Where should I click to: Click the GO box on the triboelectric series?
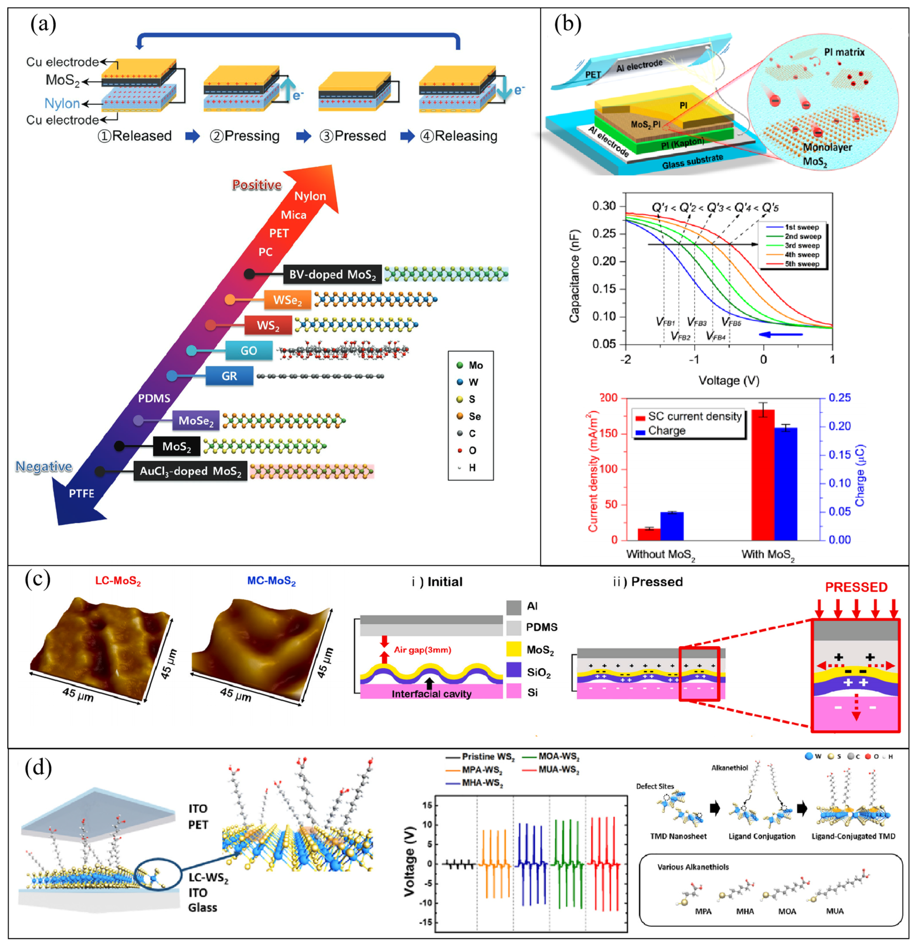click(249, 351)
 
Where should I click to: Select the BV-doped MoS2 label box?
click(332, 274)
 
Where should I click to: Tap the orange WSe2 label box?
click(287, 300)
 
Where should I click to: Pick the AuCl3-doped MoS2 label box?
click(190, 471)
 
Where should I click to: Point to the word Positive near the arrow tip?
click(256, 185)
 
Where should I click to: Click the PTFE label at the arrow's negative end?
click(82, 493)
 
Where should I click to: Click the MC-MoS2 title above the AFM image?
click(271, 581)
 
